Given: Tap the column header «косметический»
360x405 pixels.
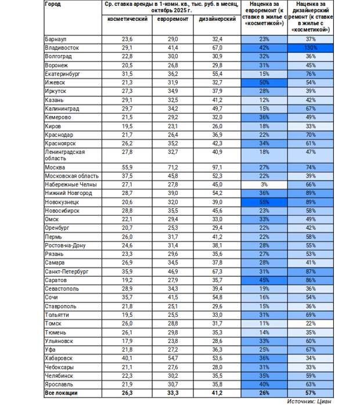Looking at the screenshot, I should (127, 19).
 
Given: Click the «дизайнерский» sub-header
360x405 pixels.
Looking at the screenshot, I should (213, 19).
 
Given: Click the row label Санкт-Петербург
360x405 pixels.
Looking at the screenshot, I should (66, 271).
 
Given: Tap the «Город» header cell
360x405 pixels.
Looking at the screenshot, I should (52, 4).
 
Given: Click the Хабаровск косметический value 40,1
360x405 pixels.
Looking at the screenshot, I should (127, 359).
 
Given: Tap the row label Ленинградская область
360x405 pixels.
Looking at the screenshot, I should (64, 154).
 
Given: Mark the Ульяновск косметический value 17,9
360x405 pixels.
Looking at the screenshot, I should (127, 341).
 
